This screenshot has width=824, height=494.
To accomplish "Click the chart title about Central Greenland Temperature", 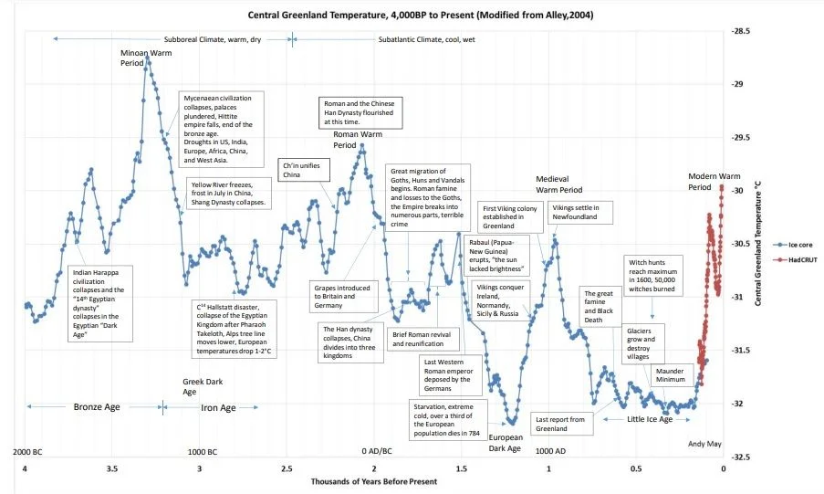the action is coord(421,15).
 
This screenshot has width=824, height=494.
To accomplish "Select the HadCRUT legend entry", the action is coord(795,260).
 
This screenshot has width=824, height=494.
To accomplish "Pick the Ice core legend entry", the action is coord(793,245).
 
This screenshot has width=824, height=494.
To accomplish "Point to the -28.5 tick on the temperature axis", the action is coord(740,31).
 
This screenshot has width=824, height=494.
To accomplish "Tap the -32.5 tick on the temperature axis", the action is coord(740,457).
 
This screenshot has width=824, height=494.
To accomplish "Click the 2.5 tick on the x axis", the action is coord(287,468).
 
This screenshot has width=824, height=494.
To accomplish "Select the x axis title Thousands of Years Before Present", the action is coord(373,481).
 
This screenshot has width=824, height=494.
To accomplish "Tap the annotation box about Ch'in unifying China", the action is coord(305,170).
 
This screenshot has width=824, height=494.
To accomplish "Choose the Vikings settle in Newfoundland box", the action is coord(580,212).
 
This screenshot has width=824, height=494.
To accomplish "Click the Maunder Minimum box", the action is coord(671,375).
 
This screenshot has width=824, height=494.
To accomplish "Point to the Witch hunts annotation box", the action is coord(653,276).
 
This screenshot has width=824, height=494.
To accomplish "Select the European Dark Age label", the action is coord(506,443).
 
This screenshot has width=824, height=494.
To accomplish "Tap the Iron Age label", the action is coord(218,407).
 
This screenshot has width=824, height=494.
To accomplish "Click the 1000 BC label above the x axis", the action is coord(203,452).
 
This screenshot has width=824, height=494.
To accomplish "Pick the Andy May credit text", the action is coord(704,444).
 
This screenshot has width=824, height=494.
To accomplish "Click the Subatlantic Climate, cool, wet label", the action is coord(427,39).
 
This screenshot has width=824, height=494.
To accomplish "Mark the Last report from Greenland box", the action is coord(562,424).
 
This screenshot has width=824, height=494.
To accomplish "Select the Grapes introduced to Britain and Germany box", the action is coord(342,296).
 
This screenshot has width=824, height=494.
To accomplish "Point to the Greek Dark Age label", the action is coord(203,386).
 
